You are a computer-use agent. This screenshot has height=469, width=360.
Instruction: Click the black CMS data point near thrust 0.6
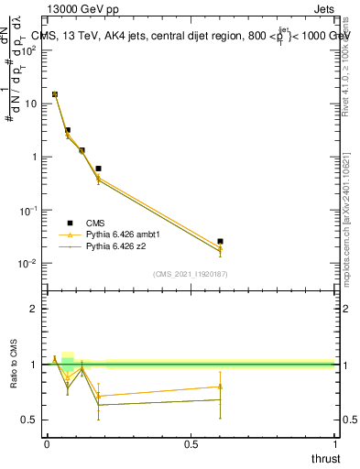(x=220, y=241)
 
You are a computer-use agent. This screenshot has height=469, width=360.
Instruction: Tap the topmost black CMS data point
(x=55, y=94)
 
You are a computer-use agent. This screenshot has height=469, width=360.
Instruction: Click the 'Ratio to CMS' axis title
(x=15, y=363)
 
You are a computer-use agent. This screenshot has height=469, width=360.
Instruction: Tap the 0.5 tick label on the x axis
(x=191, y=443)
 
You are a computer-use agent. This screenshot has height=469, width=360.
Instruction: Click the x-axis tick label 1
(x=335, y=443)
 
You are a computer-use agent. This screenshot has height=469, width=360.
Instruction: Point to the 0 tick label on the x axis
(x=46, y=443)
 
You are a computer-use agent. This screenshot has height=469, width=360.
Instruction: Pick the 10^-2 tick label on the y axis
(x=27, y=264)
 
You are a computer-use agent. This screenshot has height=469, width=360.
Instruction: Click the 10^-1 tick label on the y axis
(x=27, y=211)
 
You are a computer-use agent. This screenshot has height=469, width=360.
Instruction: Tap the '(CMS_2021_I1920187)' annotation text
(x=190, y=273)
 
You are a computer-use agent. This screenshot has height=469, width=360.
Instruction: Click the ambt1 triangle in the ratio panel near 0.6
(x=220, y=387)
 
